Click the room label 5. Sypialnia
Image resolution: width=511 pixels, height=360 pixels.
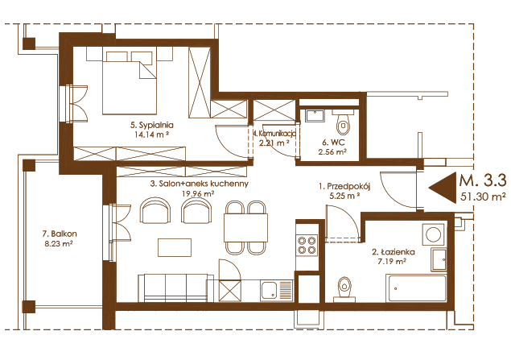point(152,125)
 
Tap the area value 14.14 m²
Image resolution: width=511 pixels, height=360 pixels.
point(151,134)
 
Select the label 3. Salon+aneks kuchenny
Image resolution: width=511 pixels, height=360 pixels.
point(199,184)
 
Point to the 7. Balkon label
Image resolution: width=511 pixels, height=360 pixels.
point(60,234)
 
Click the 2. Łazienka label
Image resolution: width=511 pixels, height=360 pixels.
point(394,252)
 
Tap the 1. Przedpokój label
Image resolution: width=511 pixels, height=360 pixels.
point(344,187)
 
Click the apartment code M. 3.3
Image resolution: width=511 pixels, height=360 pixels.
point(483,180)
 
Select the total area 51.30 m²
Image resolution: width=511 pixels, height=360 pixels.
point(484,197)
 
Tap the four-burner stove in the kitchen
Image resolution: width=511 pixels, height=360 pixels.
point(307,245)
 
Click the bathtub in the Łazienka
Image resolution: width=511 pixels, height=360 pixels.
point(416,288)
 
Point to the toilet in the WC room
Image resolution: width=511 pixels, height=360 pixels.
point(343,122)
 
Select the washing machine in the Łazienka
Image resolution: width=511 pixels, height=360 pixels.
point(434,234)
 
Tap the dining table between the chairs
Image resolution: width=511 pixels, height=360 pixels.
point(245,228)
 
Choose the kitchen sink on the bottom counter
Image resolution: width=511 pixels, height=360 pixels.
point(269,290)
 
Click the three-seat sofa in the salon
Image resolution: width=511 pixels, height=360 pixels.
point(172,288)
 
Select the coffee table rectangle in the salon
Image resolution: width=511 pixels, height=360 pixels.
point(175,247)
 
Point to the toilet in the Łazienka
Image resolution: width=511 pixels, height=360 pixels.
point(344,289)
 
